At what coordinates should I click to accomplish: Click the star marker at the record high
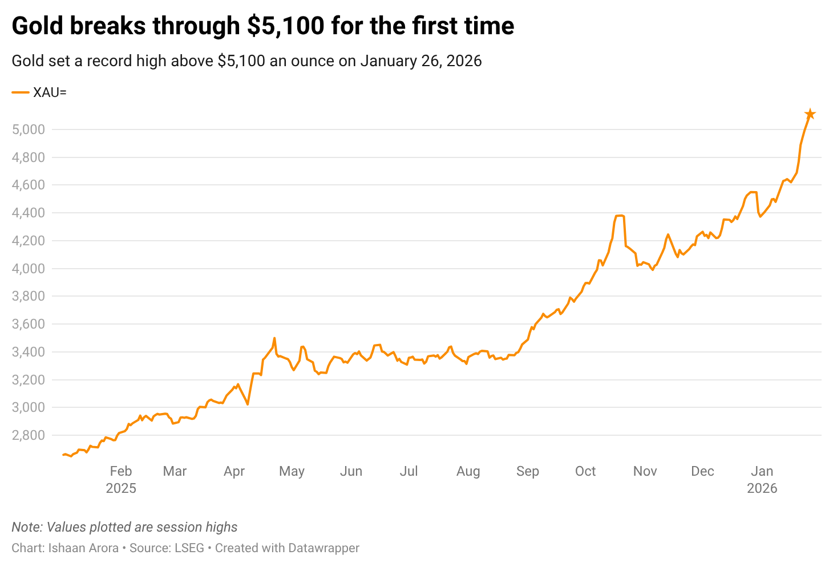pyautogui.click(x=810, y=114)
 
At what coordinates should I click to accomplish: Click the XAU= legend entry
pyautogui.click(x=39, y=92)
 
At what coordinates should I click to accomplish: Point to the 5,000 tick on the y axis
pyautogui.click(x=28, y=129)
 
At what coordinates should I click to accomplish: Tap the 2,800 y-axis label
pyautogui.click(x=28, y=435)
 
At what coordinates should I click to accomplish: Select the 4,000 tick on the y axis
pyautogui.click(x=28, y=269)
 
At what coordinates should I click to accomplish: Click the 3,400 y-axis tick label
pyautogui.click(x=28, y=352)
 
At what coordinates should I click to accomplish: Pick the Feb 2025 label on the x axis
pyautogui.click(x=121, y=479)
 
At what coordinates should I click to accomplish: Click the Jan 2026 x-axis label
pyautogui.click(x=762, y=479)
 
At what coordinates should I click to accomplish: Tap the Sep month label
pyautogui.click(x=527, y=471)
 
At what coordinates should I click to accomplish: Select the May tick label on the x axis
pyautogui.click(x=292, y=471)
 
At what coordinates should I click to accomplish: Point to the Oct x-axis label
pyautogui.click(x=585, y=471)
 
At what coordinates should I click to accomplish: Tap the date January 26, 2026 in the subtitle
pyautogui.click(x=420, y=60)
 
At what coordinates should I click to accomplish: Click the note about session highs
pyautogui.click(x=124, y=527)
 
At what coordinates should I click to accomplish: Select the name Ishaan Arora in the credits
pyautogui.click(x=83, y=548)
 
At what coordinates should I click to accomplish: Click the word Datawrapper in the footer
pyautogui.click(x=324, y=548)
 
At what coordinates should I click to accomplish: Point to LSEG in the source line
pyautogui.click(x=189, y=548)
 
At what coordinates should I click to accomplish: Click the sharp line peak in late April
pyautogui.click(x=274, y=338)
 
